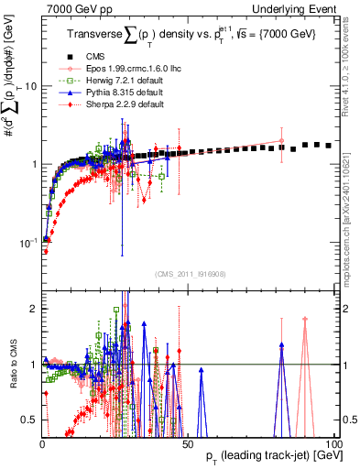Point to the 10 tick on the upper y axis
click(29, 86)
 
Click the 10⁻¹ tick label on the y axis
click(27, 243)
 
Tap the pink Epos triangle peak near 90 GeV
click(305, 320)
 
